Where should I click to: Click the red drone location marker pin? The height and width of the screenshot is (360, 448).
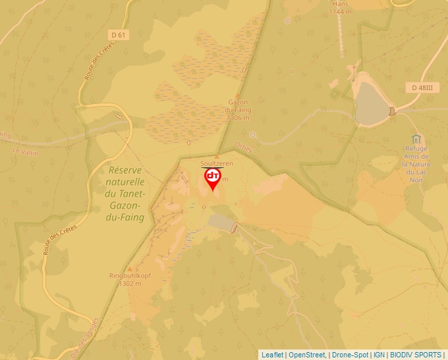[212, 178]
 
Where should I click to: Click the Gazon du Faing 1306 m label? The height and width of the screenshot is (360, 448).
[238, 111]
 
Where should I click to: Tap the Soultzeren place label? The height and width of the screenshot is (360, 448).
[217, 163]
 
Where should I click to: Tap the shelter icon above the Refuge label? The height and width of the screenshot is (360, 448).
[416, 140]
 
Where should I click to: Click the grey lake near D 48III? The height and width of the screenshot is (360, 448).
[372, 103]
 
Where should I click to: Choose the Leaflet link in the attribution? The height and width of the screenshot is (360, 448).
[272, 355]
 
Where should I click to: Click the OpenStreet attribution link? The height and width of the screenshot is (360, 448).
[306, 355]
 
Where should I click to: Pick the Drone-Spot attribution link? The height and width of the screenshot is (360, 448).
[350, 355]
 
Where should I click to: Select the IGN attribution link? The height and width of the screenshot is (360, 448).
[379, 355]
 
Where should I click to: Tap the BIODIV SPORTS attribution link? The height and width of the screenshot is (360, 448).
[416, 355]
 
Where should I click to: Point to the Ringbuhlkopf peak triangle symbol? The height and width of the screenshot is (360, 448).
[130, 269]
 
